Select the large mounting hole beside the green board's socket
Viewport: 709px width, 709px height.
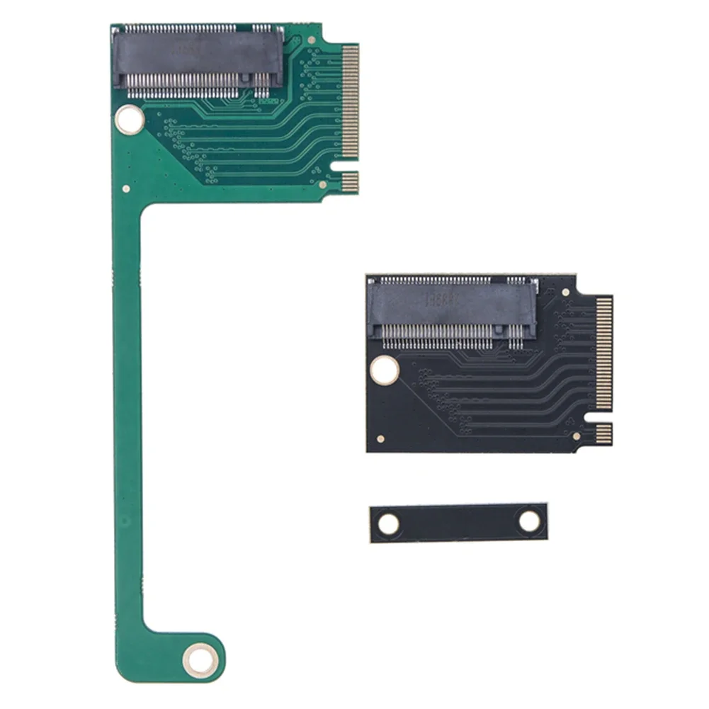coord(130,119)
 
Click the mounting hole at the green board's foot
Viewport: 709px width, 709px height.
coord(200,660)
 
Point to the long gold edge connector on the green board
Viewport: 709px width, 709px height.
coord(350,101)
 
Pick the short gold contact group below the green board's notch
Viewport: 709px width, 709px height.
coord(350,182)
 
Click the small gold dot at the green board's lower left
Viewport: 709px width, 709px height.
coord(126,189)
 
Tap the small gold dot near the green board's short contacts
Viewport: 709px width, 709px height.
coord(323,185)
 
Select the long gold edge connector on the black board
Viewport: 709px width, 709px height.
coord(603,352)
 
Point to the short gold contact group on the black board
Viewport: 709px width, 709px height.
coord(603,433)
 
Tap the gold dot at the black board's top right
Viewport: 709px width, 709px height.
coord(565,292)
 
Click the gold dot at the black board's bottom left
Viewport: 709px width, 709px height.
coord(381,438)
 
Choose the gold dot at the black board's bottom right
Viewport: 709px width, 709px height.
coord(577,437)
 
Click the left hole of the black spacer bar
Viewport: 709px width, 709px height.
coord(388,524)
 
